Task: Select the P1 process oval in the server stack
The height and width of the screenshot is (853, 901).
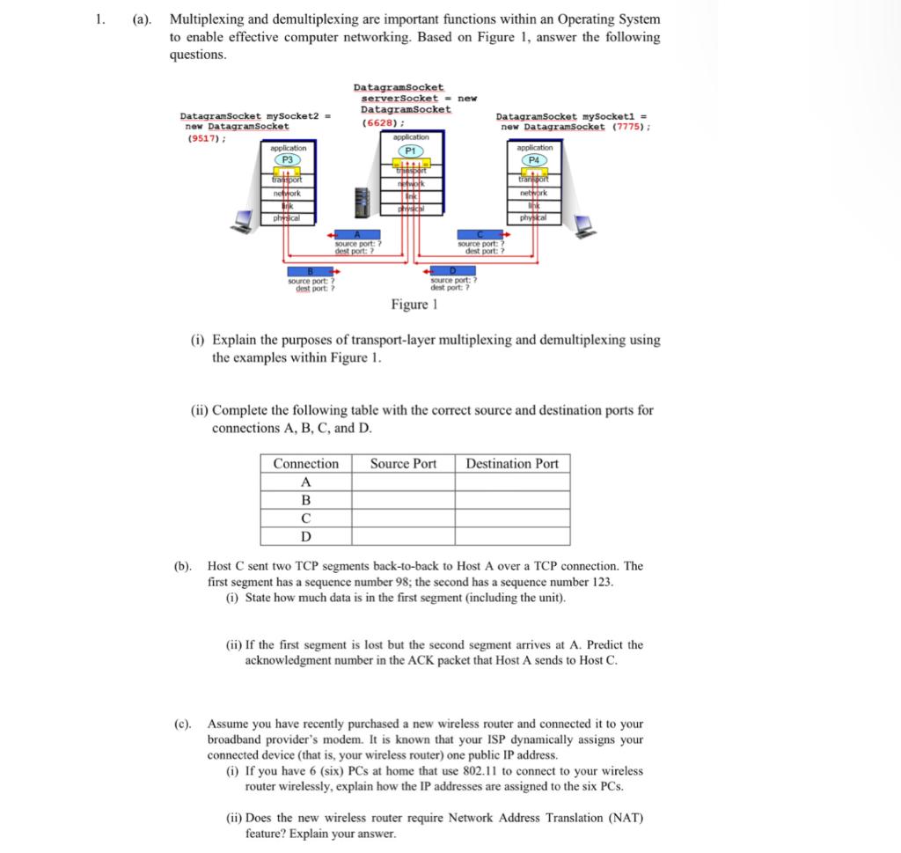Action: [410, 151]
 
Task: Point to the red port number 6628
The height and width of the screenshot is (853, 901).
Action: [377, 123]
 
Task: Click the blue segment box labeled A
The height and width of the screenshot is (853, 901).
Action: [356, 233]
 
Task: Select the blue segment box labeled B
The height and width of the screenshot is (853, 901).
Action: [308, 271]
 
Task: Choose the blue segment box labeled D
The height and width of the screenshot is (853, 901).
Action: [453, 271]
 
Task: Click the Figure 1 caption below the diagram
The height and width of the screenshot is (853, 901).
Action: [414, 305]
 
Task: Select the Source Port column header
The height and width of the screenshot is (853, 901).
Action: [403, 464]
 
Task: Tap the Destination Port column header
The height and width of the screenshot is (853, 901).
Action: [512, 464]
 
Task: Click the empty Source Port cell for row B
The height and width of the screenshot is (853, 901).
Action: [403, 500]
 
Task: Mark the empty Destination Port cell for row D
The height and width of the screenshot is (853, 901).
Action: [512, 536]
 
